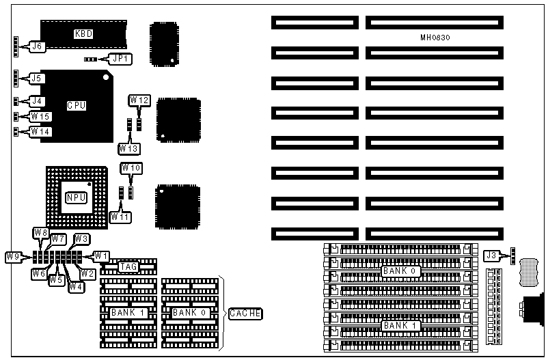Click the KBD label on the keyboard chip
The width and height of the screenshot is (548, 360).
[x=83, y=33]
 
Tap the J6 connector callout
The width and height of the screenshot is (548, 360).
[x=36, y=47]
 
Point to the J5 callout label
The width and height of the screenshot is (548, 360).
[x=36, y=79]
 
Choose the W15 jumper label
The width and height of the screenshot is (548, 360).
[x=40, y=116]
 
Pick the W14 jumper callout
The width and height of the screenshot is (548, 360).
[x=40, y=131]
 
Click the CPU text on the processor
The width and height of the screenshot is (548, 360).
[x=76, y=106]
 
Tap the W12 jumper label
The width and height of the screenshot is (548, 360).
[x=139, y=100]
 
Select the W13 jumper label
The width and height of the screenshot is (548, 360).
[x=128, y=148]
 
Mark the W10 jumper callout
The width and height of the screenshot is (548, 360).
[x=131, y=167]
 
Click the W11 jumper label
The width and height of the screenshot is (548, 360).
[x=120, y=217]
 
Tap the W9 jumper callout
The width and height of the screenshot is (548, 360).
[x=14, y=257]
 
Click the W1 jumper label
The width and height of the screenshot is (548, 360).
[x=101, y=255]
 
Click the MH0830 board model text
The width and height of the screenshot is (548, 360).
[x=434, y=37]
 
